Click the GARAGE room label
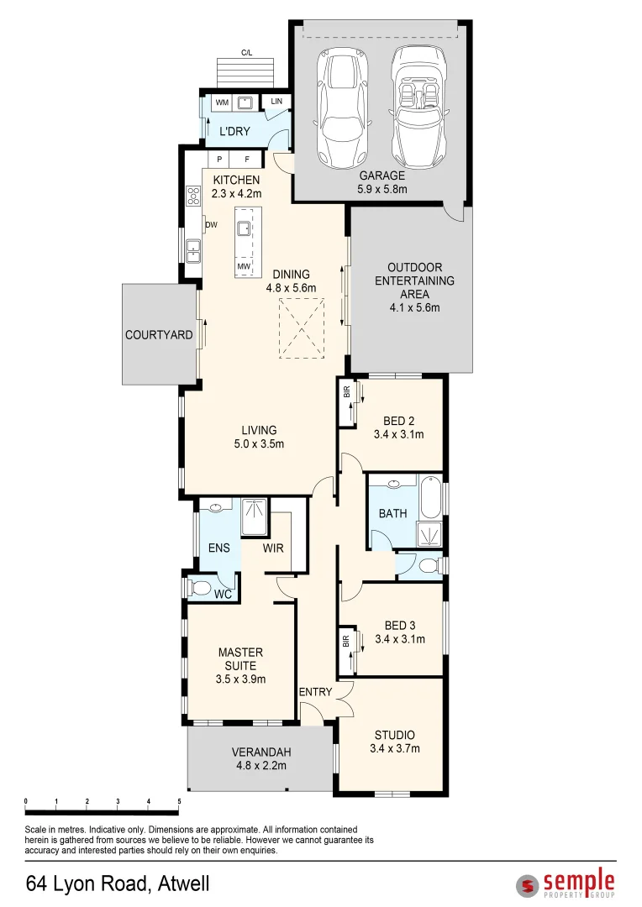tap(382, 176)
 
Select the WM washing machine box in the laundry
tap(223, 102)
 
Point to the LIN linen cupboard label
tap(276, 102)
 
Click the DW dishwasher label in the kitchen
tap(211, 224)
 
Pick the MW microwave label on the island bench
tap(244, 266)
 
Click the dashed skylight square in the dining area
tap(302, 328)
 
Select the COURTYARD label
tap(159, 335)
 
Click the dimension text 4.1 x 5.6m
tap(414, 307)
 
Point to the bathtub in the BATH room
tap(431, 497)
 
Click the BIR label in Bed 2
tap(347, 391)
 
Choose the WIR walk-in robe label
tap(273, 548)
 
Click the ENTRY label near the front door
tap(315, 692)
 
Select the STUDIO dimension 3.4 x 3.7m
tap(395, 748)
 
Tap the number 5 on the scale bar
tap(180, 802)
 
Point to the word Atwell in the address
tap(183, 883)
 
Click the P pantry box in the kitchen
tap(218, 159)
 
